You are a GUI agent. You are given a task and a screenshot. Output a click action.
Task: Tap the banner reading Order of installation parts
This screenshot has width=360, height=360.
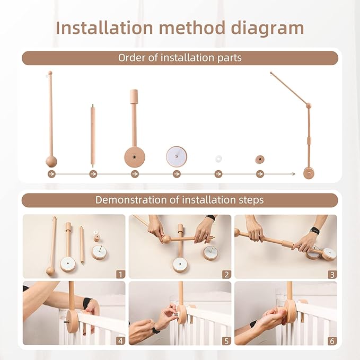180,58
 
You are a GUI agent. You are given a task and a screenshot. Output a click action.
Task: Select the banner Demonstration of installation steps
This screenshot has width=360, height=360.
180,200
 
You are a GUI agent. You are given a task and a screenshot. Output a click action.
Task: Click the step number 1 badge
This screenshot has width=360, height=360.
120,274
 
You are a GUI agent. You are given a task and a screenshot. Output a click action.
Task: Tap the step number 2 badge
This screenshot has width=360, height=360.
226,274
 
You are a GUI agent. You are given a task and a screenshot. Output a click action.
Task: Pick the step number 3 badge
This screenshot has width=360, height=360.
332,274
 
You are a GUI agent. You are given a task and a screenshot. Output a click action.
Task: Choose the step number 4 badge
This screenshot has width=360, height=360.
120,341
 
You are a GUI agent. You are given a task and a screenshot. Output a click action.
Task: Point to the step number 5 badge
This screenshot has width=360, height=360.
226,341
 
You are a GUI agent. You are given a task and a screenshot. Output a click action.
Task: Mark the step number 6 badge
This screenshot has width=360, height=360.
332,341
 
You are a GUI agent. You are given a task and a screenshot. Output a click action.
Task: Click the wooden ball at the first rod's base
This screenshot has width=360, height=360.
50,161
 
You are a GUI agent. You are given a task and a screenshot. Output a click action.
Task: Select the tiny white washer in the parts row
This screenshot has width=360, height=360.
218,159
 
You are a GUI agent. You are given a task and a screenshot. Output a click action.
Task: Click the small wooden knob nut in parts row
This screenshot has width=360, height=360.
260,159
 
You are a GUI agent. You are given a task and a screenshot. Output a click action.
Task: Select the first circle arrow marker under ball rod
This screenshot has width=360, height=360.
51,174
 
